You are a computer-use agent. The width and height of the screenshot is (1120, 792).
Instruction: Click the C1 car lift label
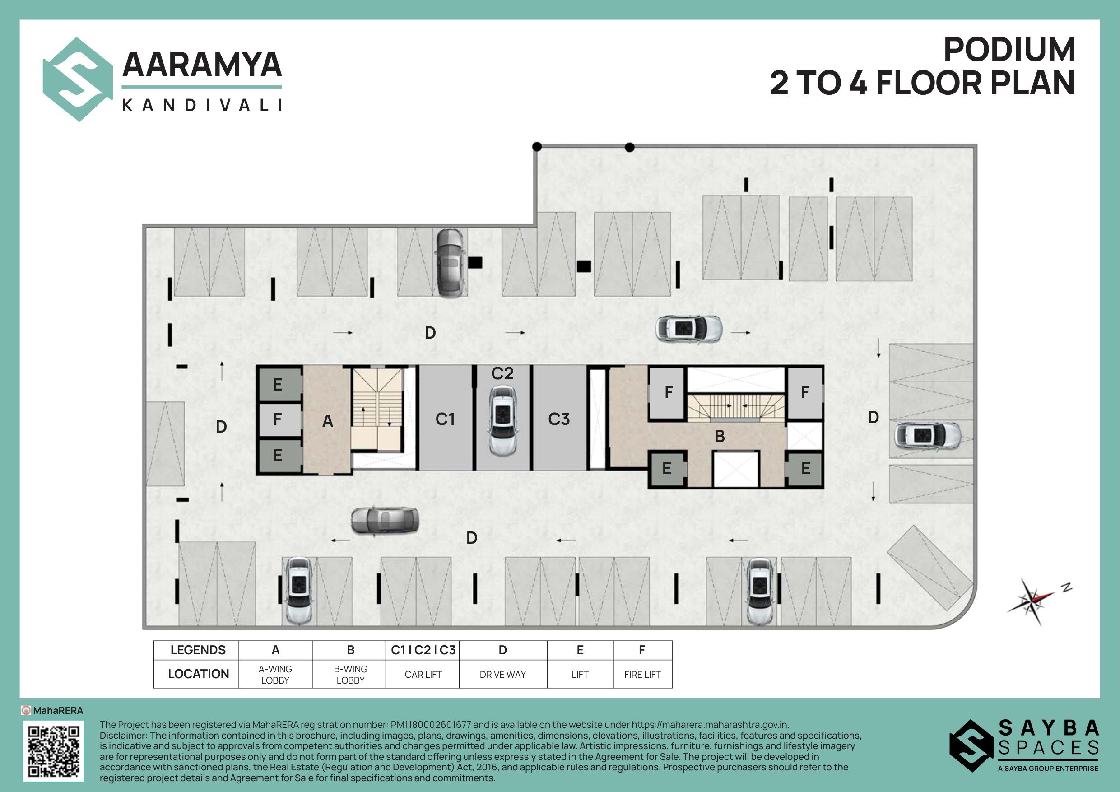(x=445, y=419)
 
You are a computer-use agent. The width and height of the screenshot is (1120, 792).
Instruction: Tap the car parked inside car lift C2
(x=503, y=421)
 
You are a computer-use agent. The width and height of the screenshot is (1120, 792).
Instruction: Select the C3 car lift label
(x=558, y=419)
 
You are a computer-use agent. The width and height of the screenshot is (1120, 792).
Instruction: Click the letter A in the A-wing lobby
(x=328, y=421)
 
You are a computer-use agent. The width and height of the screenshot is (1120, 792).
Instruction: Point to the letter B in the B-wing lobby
(x=720, y=436)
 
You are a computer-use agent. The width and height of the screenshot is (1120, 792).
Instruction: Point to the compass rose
(x=1033, y=600)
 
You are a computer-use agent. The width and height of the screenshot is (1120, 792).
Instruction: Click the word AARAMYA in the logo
(x=202, y=65)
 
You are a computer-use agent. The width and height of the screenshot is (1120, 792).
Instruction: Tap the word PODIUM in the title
(x=1009, y=49)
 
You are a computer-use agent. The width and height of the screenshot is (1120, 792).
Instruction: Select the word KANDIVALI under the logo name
(x=202, y=105)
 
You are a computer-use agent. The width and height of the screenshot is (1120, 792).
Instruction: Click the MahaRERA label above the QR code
(x=58, y=711)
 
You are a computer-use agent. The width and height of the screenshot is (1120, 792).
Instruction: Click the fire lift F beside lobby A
(x=278, y=419)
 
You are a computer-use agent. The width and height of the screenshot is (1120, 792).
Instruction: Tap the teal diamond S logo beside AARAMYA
(x=78, y=79)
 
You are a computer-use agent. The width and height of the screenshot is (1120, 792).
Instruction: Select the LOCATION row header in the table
(x=198, y=674)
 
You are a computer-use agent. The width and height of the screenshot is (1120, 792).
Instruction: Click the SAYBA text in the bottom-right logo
(x=1048, y=728)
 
